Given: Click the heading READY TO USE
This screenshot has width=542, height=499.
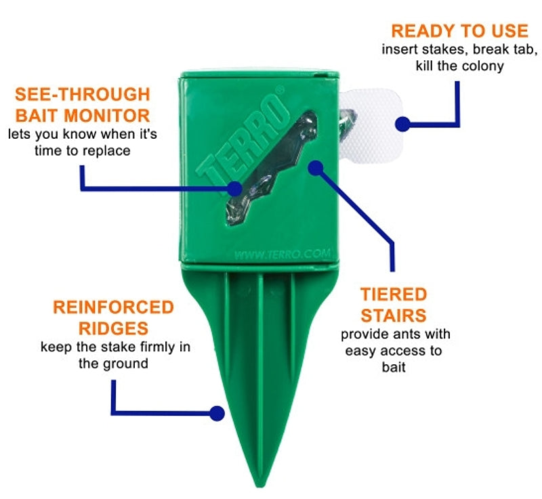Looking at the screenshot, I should click(459, 30).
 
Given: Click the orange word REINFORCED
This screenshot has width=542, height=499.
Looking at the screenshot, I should click(113, 307).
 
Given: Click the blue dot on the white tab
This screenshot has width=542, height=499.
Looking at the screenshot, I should click(402, 124).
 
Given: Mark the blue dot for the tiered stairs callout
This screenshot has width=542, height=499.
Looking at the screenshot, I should click(316, 167).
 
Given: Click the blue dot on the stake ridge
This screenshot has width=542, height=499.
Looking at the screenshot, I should click(217, 412).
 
